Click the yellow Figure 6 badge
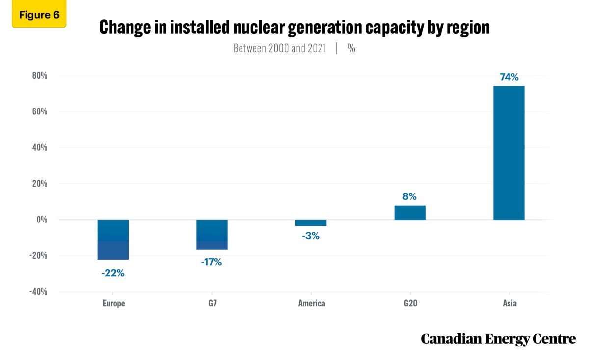click(39, 15)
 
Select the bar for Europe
click(113, 239)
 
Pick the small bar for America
click(311, 222)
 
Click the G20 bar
click(410, 212)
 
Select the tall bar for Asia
click(509, 153)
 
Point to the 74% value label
click(509, 77)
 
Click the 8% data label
click(410, 196)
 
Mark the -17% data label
click(212, 262)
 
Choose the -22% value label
click(113, 273)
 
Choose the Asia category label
click(509, 304)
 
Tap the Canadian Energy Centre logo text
click(498, 339)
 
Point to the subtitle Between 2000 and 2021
click(279, 48)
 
